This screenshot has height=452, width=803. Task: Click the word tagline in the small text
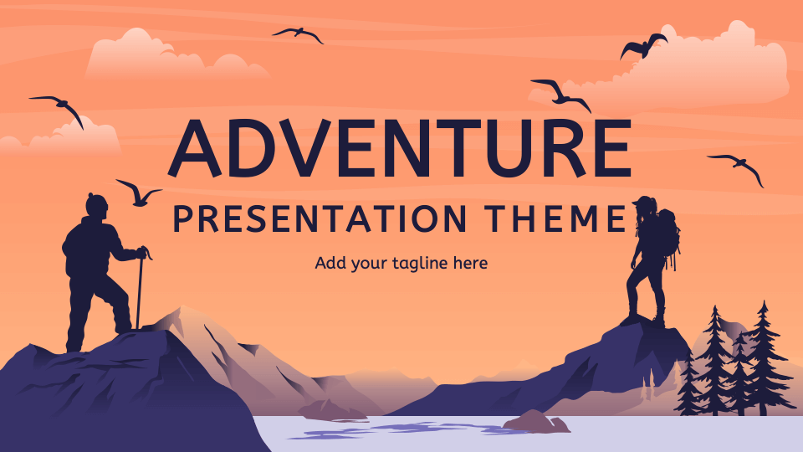(x=417, y=264)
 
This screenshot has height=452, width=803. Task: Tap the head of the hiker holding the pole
(x=97, y=206)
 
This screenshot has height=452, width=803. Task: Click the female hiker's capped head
(x=644, y=206)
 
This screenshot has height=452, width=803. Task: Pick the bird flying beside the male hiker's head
(x=138, y=193)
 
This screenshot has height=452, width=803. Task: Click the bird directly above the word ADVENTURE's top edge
(x=299, y=34)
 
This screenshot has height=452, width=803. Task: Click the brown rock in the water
(x=535, y=420)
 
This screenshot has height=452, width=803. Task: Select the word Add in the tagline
(x=329, y=264)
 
